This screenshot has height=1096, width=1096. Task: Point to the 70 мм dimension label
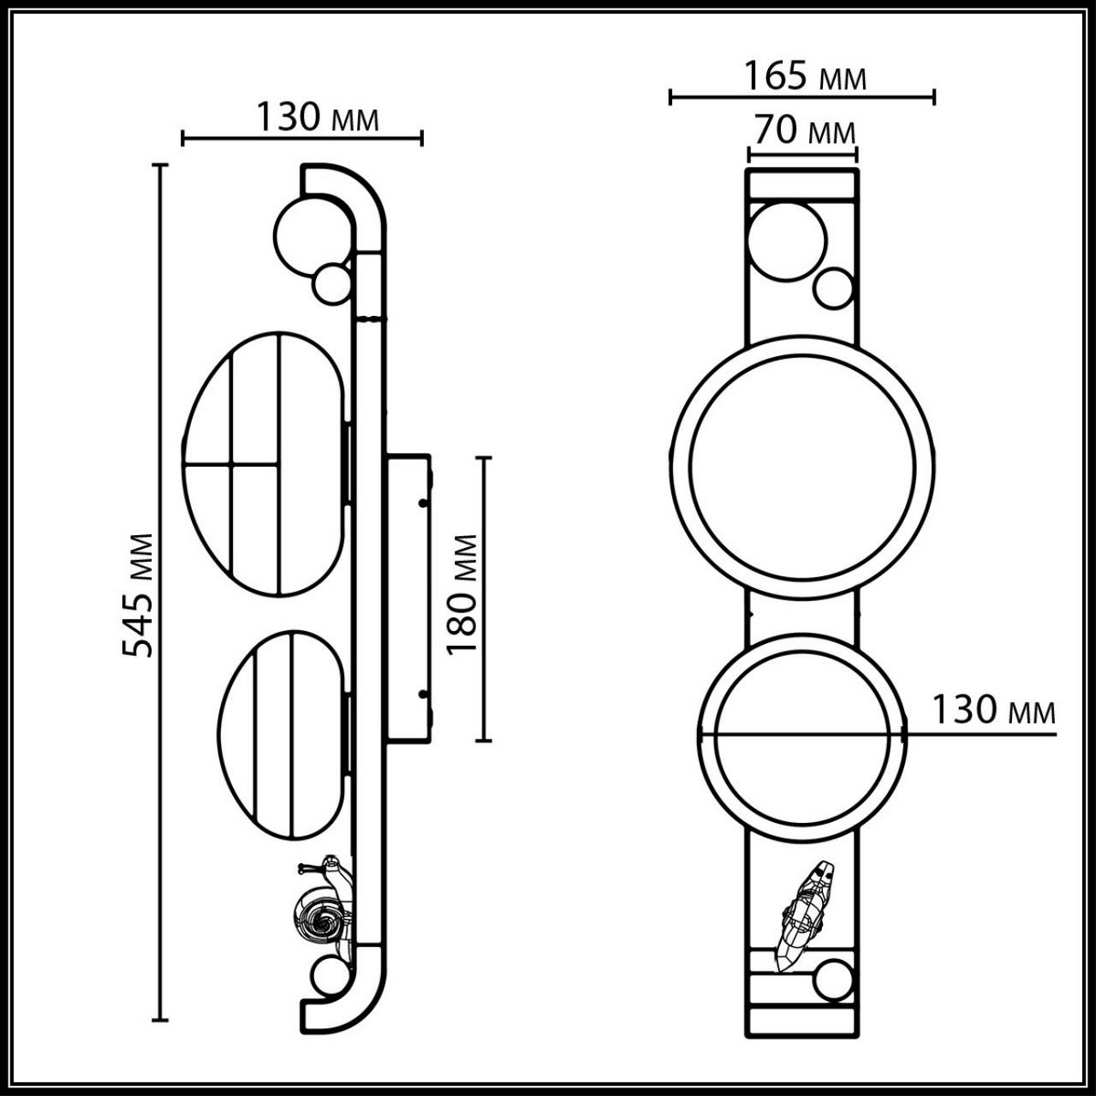point(802,132)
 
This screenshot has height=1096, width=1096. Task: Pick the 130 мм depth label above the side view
point(315,117)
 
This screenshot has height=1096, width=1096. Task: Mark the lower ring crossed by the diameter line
point(802,734)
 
